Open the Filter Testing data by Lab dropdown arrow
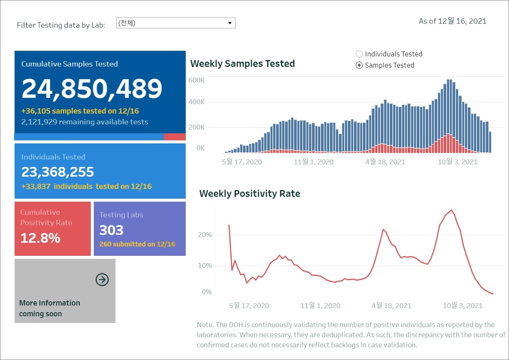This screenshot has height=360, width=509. point(230,23)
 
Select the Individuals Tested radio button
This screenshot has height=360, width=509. point(359,54)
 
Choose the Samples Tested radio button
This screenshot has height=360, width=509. point(359,65)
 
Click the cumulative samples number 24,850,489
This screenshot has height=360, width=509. point(92,89)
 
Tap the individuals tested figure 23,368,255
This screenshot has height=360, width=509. point(58,172)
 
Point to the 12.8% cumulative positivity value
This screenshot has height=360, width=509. point(40,238)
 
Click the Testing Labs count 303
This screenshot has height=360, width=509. point(111,230)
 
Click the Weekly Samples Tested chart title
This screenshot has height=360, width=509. point(243,64)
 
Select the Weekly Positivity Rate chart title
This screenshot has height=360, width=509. point(250,194)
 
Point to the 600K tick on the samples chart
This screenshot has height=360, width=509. point(197,80)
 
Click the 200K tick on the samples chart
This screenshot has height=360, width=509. point(197,127)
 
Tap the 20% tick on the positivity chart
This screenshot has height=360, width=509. point(205,235)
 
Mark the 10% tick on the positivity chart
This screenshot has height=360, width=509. point(205,266)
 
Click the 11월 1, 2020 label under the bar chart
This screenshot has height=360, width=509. point(314,162)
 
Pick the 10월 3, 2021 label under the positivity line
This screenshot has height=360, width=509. point(463,306)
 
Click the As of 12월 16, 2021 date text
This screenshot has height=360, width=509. point(453,21)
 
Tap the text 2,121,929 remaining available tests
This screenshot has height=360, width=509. point(85,122)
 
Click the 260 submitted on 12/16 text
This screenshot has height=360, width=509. point(137,244)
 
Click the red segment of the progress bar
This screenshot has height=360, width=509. point(175,137)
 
